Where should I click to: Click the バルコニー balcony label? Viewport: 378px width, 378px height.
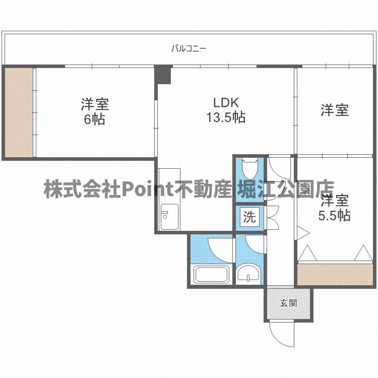188,49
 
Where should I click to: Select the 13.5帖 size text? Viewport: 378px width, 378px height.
225,117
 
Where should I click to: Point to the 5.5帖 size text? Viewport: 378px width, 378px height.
335,216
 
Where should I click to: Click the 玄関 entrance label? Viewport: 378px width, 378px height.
289,303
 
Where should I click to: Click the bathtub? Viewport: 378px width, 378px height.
212,275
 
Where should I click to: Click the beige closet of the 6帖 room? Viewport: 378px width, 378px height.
19,112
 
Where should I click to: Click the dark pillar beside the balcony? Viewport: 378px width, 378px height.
163,75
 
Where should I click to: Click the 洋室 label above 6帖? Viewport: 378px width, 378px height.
95,105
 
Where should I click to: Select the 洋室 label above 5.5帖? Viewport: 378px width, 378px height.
335,201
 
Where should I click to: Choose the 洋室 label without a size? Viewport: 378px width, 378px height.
335,110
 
